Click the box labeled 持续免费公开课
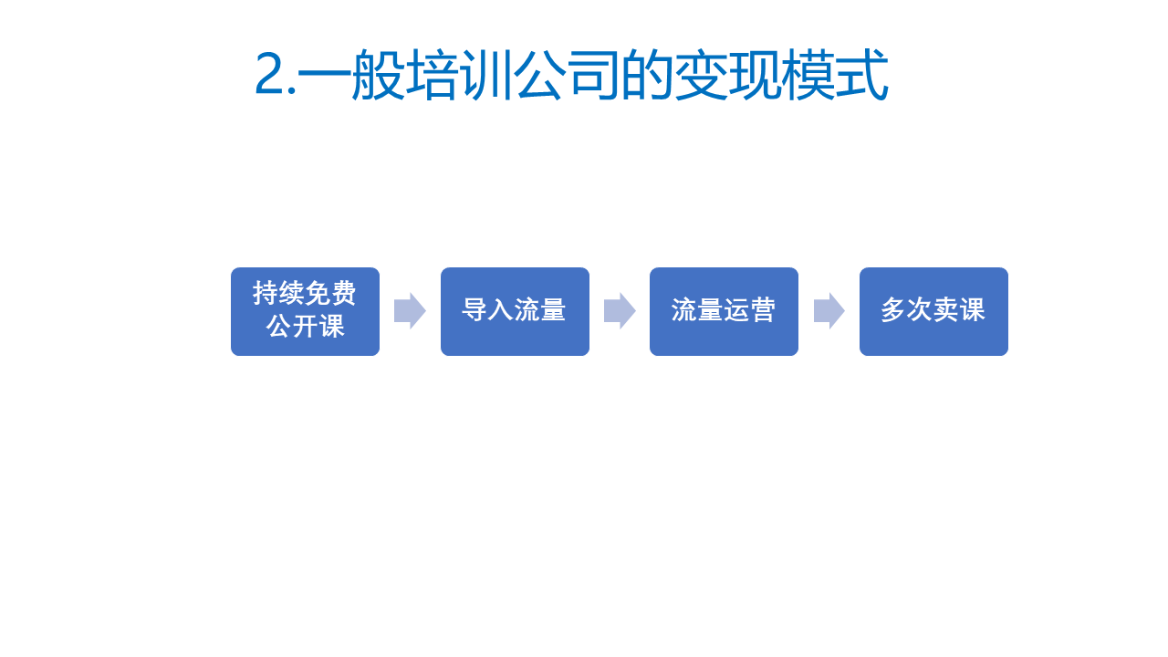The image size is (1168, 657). [x=305, y=312]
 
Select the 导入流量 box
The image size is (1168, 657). [x=515, y=312]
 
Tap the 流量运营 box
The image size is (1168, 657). [x=724, y=312]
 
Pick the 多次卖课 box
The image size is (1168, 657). [x=933, y=312]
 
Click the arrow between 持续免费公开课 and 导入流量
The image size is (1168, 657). [x=410, y=311]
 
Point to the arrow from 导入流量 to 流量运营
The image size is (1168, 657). [x=620, y=311]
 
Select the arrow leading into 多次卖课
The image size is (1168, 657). [x=829, y=311]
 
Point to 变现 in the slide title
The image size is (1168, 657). [x=727, y=74]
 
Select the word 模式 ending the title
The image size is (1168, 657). [x=834, y=74]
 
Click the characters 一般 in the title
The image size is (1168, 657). [x=351, y=74]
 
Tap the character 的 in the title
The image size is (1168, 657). [x=647, y=74]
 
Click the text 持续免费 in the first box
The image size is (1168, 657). [x=305, y=293]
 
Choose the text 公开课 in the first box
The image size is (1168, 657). [x=305, y=327]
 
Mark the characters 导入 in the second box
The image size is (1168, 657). [x=487, y=309]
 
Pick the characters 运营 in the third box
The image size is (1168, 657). [x=750, y=309]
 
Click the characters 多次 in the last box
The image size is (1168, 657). [x=907, y=309]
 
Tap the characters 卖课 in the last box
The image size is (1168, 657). [x=959, y=309]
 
